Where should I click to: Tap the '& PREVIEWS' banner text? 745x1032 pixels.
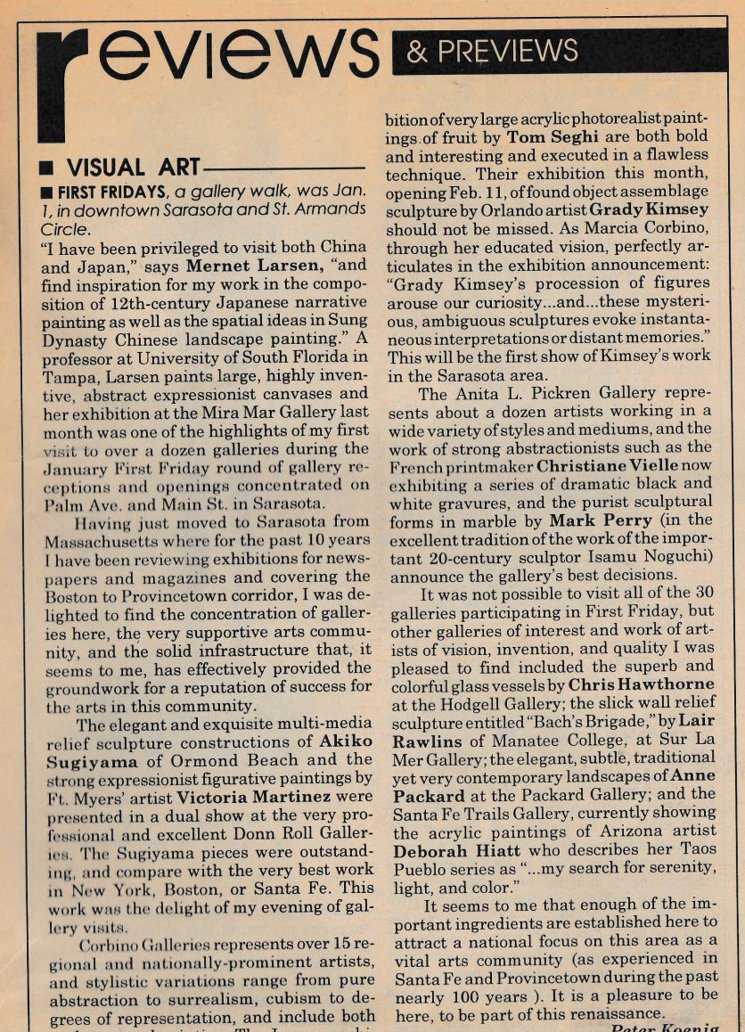click(x=492, y=50)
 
